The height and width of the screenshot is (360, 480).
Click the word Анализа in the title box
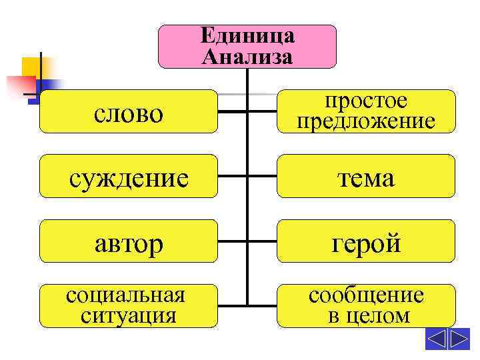coord(247,56)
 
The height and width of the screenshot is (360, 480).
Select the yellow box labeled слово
coord(128,112)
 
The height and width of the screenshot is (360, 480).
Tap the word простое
coord(366,101)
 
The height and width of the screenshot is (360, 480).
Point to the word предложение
coord(366,121)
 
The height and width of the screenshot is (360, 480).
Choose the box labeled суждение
coord(128,177)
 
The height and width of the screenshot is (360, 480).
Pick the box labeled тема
coord(366,177)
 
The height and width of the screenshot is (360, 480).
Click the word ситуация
coord(128,314)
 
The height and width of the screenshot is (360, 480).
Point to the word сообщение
coord(366,295)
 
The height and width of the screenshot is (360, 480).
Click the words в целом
coord(366,315)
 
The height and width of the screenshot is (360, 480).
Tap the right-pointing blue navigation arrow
coord(460,339)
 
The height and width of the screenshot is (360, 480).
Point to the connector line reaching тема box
coord(262,177)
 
